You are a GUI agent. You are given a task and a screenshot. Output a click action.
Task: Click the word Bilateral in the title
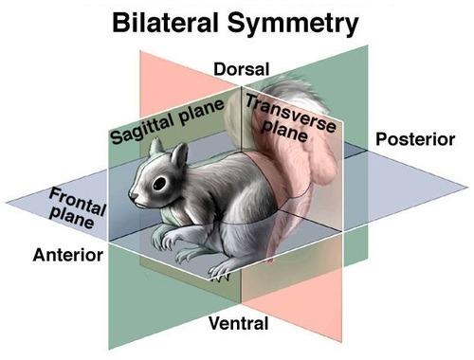pos(174,22)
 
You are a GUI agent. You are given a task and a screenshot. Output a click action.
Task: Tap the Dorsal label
pos(242,69)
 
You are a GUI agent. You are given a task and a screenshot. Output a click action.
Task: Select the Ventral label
pos(239,324)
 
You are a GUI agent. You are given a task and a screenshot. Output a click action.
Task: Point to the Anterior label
pos(67,255)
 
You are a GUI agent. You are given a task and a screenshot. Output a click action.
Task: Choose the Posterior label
pos(415,140)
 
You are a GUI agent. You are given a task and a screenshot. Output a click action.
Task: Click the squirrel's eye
pos(159,182)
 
